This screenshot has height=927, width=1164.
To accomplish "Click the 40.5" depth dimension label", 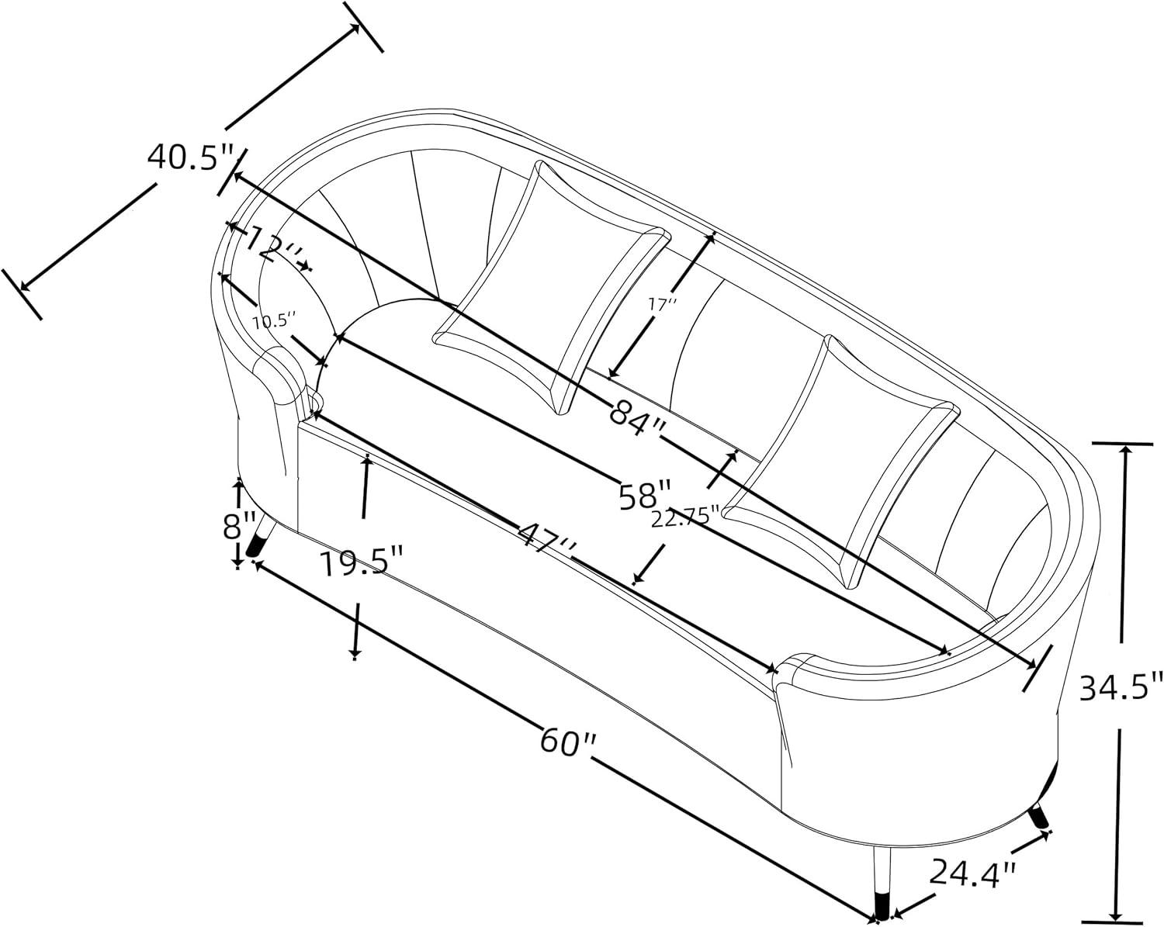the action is [189, 157].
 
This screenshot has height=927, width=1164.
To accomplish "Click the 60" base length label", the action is [567, 742].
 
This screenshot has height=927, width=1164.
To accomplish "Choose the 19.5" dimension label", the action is [361, 562].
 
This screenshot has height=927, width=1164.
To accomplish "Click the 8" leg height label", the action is [240, 526].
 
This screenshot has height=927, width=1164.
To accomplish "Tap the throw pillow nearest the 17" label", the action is [552, 287].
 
